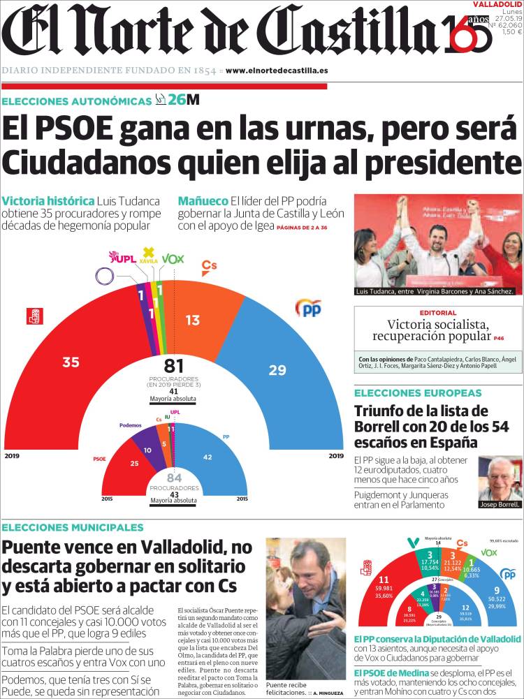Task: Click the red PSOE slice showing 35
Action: click(70, 362)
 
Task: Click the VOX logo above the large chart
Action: click(173, 259)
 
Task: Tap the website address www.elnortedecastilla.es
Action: click(277, 71)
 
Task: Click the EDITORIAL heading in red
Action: click(438, 313)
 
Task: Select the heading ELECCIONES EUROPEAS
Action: click(418, 392)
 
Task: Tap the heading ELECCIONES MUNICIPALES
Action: click(73, 527)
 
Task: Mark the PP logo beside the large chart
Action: click(308, 307)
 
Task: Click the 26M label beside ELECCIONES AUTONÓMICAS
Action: click(183, 101)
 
